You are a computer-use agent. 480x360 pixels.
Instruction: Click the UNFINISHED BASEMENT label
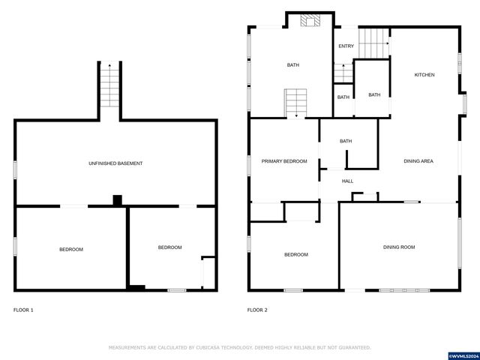(115, 163)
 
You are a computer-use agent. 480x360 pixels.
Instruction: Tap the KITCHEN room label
(424, 75)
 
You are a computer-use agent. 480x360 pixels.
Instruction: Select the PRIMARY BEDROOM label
(284, 161)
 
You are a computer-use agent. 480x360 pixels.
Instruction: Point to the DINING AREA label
(418, 161)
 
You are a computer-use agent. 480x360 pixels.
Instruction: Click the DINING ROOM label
(399, 247)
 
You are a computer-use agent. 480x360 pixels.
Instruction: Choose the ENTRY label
(346, 46)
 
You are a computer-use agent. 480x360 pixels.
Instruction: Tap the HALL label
(347, 181)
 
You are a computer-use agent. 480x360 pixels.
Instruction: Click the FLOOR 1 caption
(23, 310)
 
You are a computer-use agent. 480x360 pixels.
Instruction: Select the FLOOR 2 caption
(257, 310)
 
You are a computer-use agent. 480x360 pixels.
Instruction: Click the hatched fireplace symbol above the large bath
(310, 20)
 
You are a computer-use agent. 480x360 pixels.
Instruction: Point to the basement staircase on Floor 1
(109, 85)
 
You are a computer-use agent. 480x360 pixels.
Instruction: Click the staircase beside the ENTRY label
(373, 43)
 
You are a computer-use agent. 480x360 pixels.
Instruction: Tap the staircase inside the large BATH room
(295, 103)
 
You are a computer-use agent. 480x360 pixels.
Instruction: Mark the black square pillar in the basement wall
(118, 200)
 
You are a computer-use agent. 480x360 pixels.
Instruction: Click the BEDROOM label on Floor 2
(296, 255)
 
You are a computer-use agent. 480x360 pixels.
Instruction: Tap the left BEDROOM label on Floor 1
(71, 250)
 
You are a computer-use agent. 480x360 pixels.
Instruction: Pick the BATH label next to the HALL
(346, 141)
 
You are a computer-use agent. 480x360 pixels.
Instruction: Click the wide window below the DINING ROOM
(404, 290)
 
